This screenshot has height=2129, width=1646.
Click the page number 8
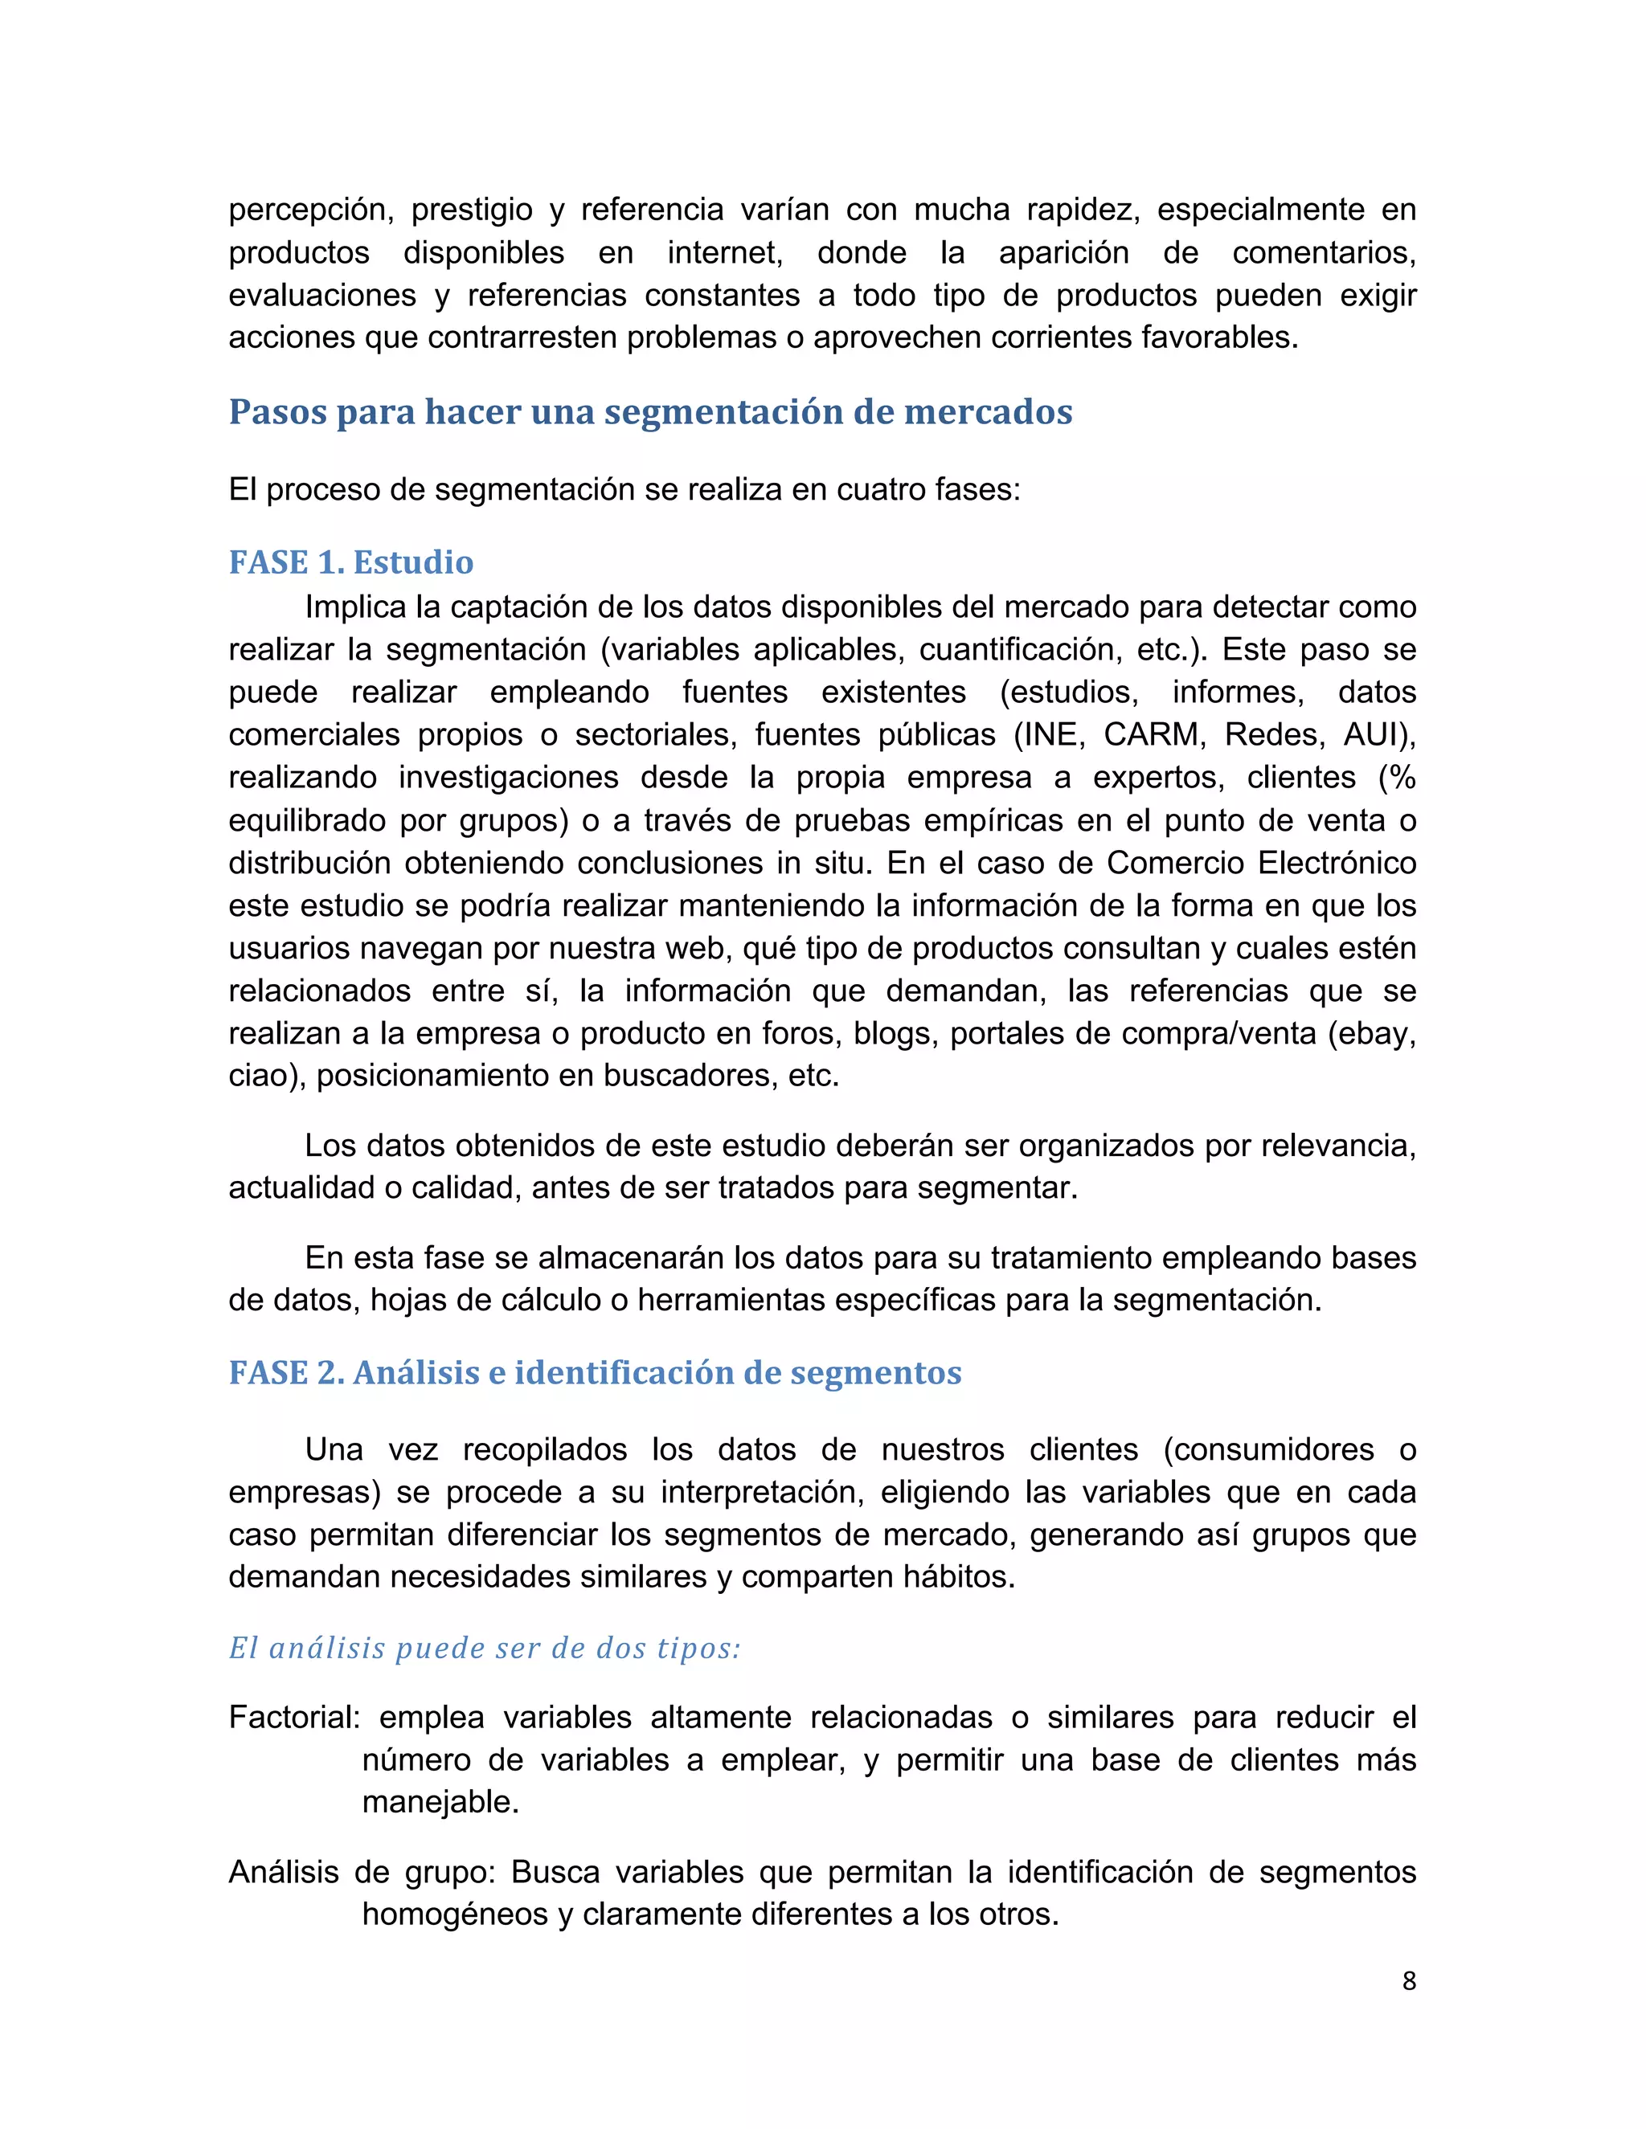pyautogui.click(x=1408, y=1981)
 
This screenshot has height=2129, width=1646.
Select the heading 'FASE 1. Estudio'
pyautogui.click(x=351, y=562)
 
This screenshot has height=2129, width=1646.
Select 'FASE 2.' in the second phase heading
pyautogui.click(x=285, y=1372)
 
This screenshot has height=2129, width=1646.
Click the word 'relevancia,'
pyautogui.click(x=1338, y=1146)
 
